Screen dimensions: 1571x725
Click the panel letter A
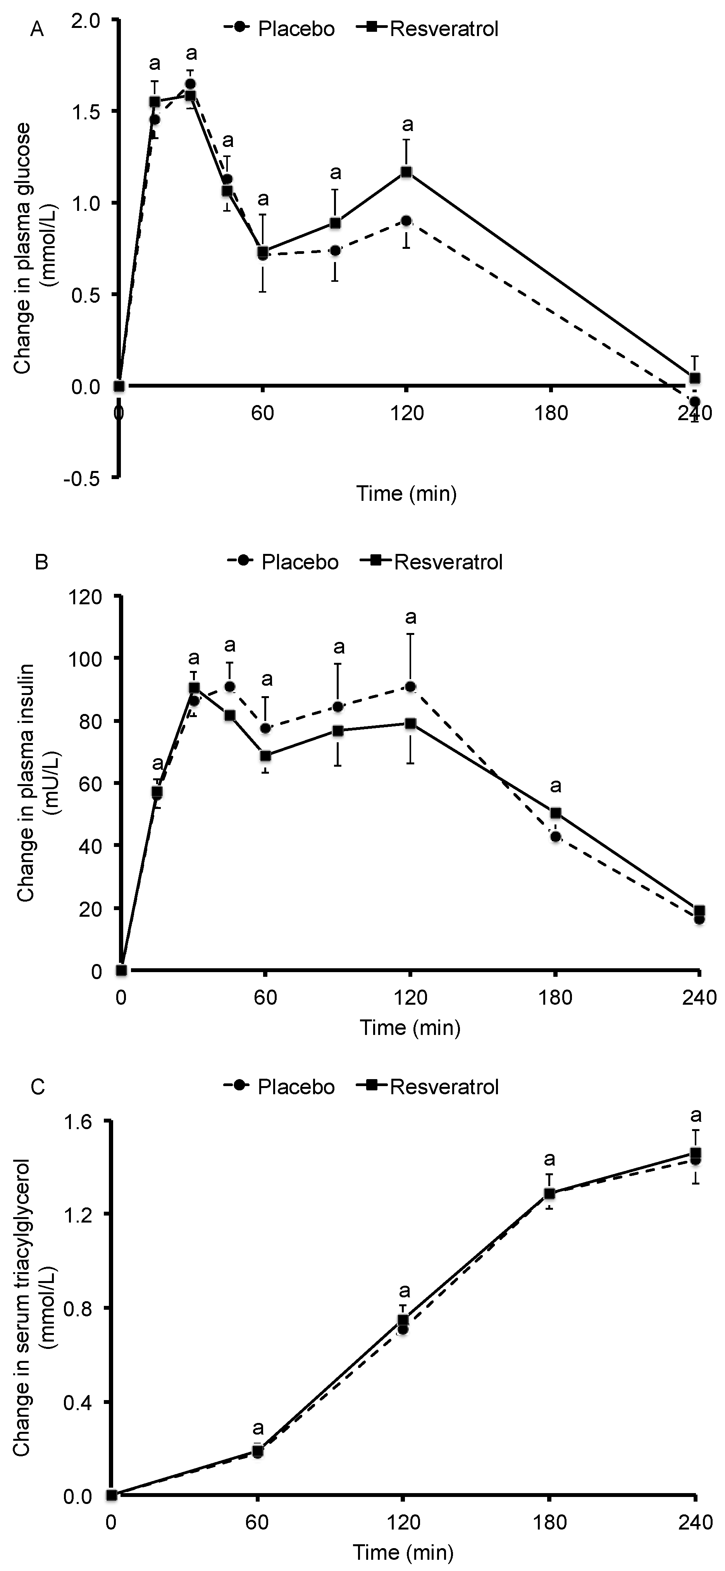[37, 30]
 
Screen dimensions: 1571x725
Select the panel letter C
[37, 1087]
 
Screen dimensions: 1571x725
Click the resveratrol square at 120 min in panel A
[406, 172]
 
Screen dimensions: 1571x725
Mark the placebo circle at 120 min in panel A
[406, 221]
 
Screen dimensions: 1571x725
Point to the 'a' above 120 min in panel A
[407, 125]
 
